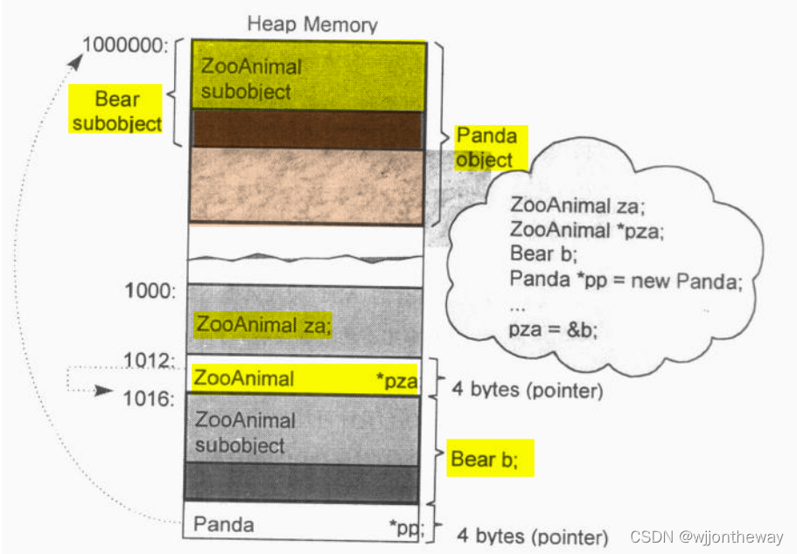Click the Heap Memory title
311,23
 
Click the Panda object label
486,147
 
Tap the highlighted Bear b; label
491,458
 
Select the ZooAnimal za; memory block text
262,325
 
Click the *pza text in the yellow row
396,379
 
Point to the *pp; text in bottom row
406,526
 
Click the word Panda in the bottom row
223,524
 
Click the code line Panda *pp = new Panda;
625,280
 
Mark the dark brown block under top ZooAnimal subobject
306,128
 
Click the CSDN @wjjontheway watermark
707,537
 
